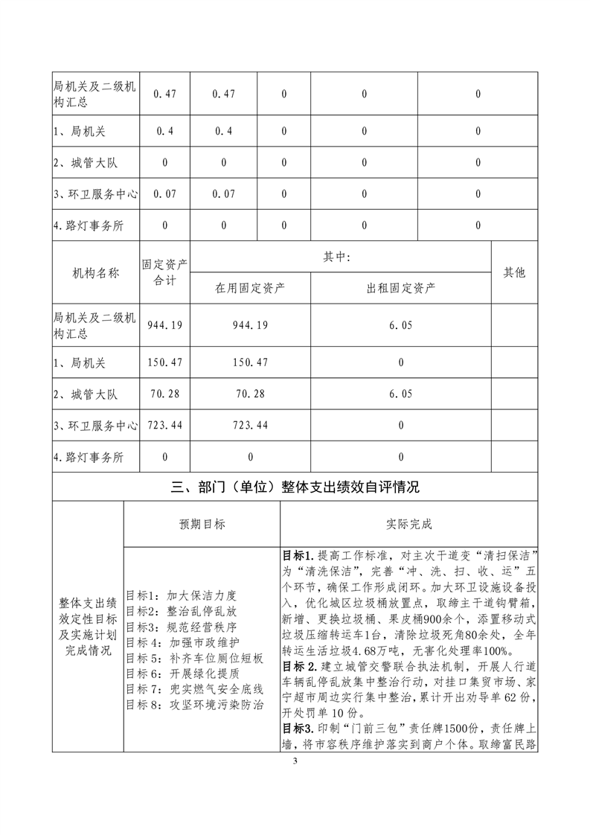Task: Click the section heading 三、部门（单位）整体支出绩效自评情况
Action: click(295, 487)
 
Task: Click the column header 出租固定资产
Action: click(401, 287)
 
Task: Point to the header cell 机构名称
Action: click(96, 273)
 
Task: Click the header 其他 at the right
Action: click(514, 273)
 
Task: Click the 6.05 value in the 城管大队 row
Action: click(401, 394)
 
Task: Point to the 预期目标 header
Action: click(202, 524)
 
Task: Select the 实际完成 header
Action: click(408, 524)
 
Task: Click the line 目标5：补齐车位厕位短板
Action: click(194, 658)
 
